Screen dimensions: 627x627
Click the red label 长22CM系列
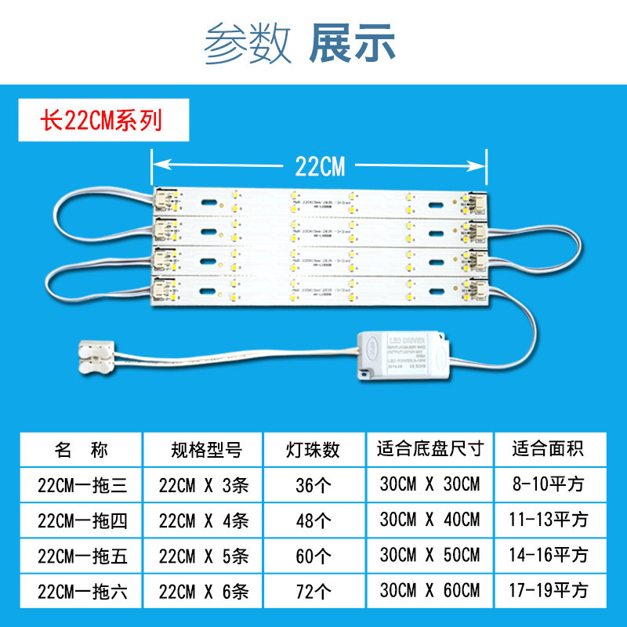[102, 121]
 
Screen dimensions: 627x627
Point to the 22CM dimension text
[320, 165]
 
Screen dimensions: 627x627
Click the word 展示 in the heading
[353, 44]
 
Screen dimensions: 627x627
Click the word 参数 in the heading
[248, 44]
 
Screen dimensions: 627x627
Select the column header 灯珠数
[313, 450]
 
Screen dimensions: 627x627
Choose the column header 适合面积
[549, 450]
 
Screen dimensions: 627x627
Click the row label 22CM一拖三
[82, 485]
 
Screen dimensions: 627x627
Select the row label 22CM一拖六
[82, 590]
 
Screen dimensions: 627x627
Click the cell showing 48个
[313, 520]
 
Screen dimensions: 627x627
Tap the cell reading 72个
[313, 590]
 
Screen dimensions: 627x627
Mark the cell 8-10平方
[549, 485]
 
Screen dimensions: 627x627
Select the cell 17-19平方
[549, 590]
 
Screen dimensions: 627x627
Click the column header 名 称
[82, 450]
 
